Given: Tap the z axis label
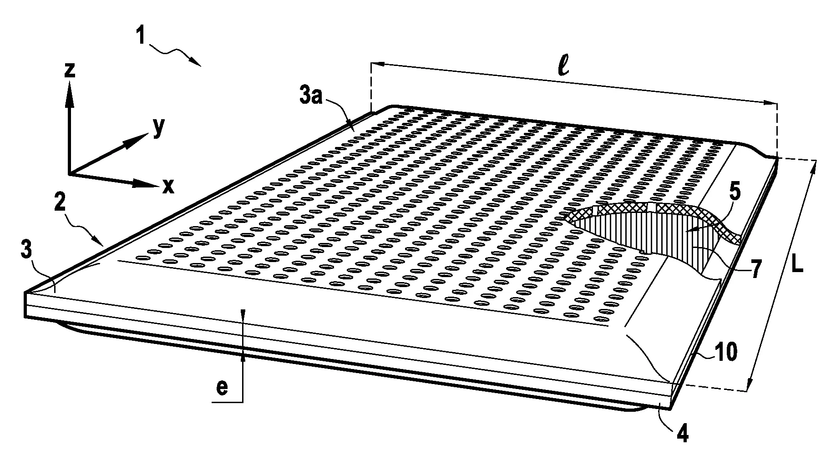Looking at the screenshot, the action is pyautogui.click(x=70, y=70).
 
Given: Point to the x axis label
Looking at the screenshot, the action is pyautogui.click(x=168, y=186).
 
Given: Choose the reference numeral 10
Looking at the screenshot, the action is pyautogui.click(x=725, y=352).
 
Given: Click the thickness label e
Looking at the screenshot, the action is pyautogui.click(x=221, y=389).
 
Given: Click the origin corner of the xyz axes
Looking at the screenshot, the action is pyautogui.click(x=69, y=174).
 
